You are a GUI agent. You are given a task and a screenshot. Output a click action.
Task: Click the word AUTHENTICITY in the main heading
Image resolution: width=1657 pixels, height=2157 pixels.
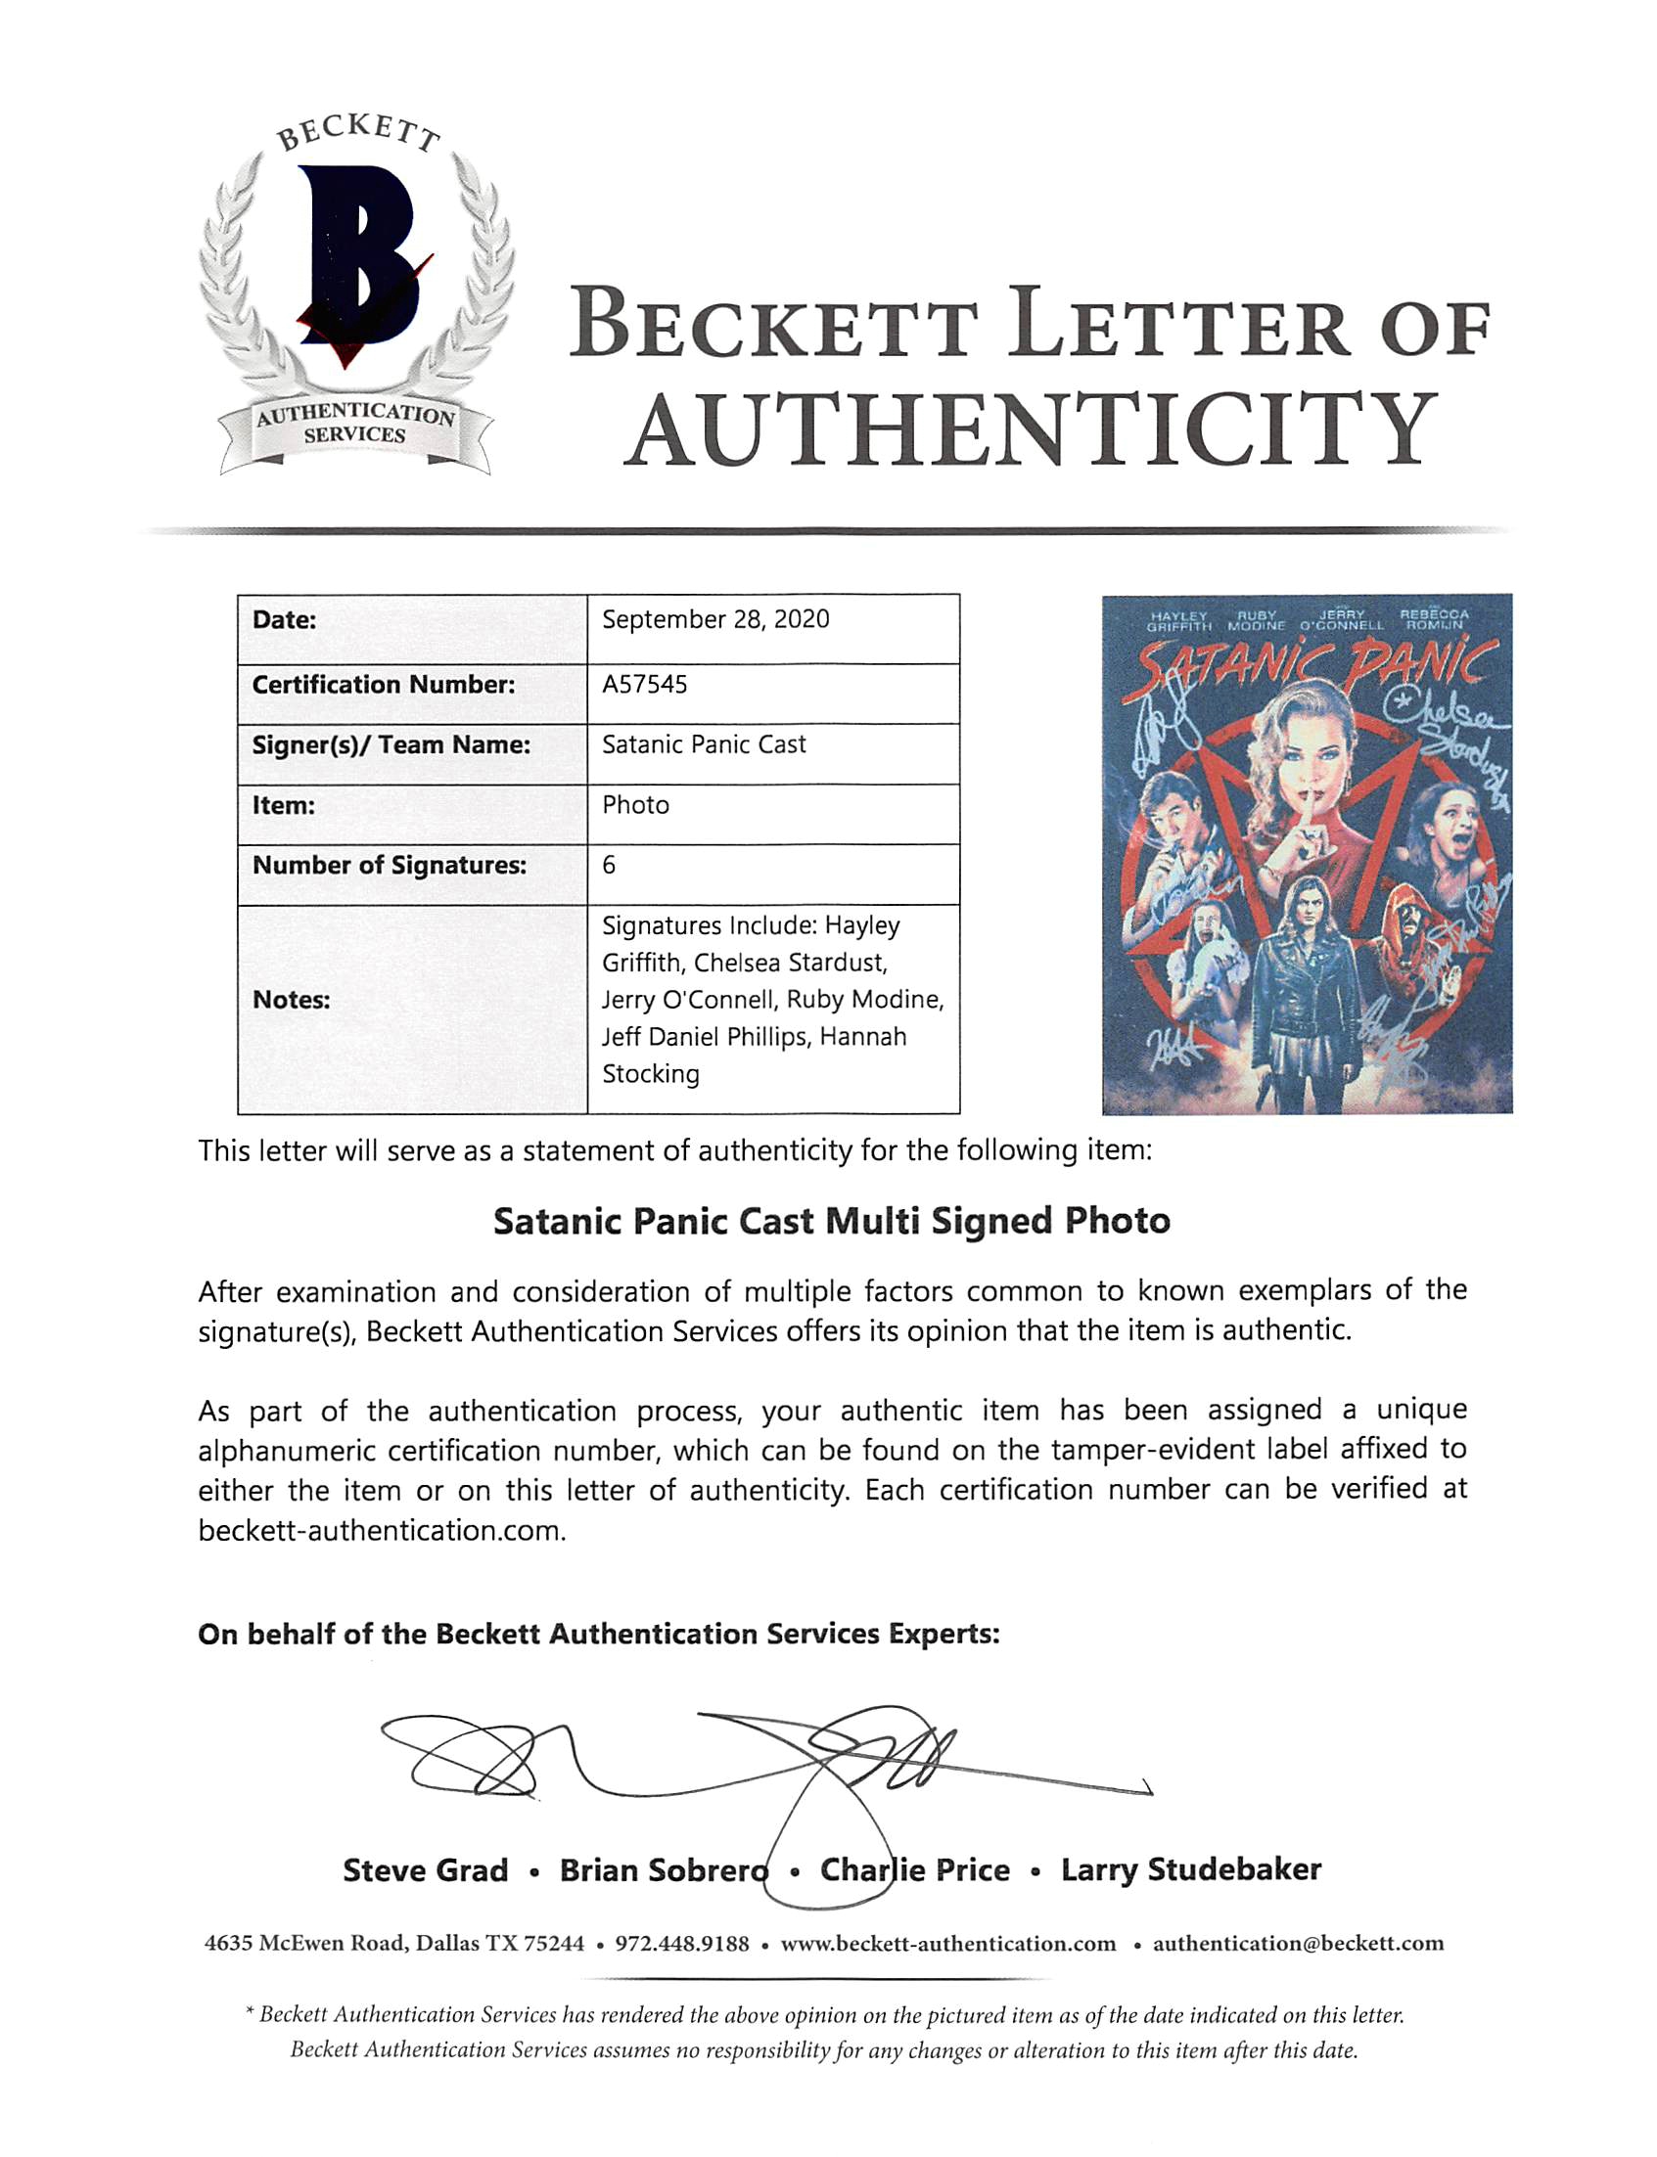(1031, 430)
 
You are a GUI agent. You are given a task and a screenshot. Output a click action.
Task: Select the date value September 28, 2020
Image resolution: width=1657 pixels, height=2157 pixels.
(715, 619)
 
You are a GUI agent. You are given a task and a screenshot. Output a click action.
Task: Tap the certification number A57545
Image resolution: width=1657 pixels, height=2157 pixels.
(644, 684)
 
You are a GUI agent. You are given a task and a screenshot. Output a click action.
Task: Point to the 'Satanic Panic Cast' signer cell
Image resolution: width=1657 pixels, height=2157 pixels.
(704, 744)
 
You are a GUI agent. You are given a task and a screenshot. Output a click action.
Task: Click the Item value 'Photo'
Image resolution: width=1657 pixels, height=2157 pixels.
(635, 805)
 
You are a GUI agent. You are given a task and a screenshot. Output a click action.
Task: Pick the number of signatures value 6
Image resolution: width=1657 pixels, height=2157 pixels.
(609, 865)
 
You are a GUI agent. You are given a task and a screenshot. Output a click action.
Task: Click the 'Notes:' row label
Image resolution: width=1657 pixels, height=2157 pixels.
(291, 1000)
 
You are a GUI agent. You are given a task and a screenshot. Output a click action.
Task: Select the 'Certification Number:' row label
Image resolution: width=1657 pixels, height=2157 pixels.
(384, 684)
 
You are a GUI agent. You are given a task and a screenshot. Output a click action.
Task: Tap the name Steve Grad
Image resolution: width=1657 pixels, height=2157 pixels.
(425, 1870)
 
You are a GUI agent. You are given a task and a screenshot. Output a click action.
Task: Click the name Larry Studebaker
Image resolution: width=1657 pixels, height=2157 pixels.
(1190, 1869)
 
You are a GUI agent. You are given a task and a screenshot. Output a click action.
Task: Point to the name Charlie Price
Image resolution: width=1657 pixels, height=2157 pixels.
(914, 1870)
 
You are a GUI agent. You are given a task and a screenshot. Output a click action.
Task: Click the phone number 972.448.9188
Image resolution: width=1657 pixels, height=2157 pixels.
(681, 1943)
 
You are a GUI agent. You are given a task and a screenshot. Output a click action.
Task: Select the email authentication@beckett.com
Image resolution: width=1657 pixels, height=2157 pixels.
(1298, 1943)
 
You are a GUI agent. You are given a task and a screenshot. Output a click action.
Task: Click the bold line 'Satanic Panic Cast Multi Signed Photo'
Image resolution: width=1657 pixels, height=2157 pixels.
(832, 1222)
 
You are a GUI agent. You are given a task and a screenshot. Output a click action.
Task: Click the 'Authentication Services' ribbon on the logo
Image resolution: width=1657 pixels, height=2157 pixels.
(355, 425)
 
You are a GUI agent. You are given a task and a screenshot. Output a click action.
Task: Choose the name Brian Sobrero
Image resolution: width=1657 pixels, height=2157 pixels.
(663, 1870)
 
